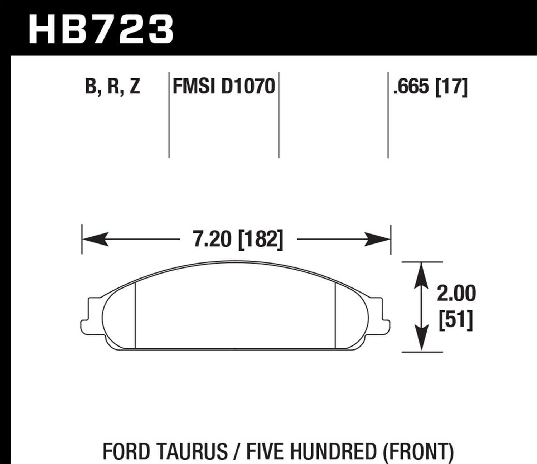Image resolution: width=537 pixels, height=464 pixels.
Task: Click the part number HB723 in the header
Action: [x=101, y=29]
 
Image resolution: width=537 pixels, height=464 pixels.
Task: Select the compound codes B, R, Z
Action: [x=112, y=87]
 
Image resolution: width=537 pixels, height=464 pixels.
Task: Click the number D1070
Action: [x=248, y=87]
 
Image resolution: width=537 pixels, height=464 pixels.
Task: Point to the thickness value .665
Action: [x=411, y=87]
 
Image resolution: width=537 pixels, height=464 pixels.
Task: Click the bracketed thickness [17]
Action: [x=451, y=87]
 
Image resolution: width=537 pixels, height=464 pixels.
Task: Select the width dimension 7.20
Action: [x=212, y=239]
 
